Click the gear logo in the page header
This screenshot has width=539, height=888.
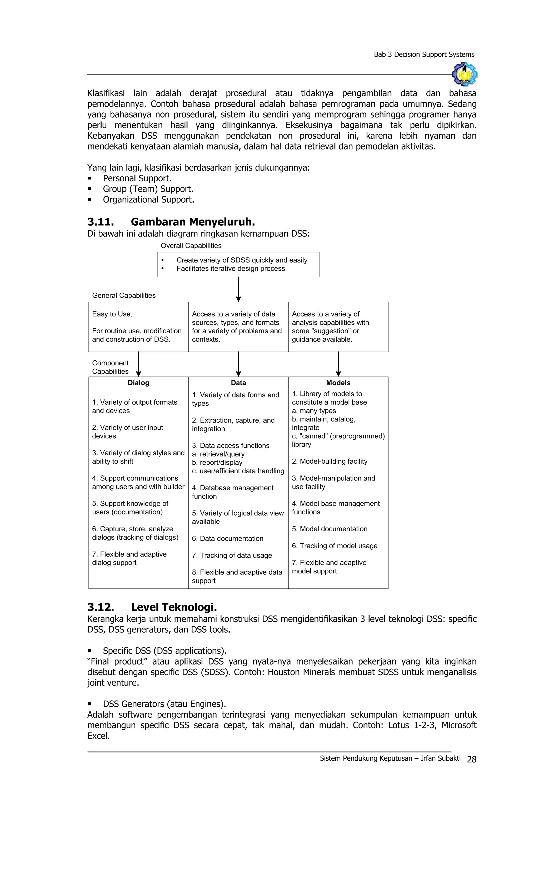[465, 74]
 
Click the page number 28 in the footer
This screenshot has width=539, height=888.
[471, 759]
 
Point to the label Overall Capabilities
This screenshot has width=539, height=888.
[191, 246]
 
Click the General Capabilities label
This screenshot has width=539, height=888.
[124, 296]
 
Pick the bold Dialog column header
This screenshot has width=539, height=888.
[138, 383]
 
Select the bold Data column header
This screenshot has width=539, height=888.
[238, 383]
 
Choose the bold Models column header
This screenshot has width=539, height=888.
[338, 383]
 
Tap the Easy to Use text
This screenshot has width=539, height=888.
[112, 314]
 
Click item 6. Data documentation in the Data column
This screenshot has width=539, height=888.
[227, 538]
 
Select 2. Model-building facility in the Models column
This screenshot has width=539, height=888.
[329, 461]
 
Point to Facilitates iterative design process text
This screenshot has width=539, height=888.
[231, 269]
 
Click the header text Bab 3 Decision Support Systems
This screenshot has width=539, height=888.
[424, 54]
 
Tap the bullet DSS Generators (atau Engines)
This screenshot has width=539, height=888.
[164, 704]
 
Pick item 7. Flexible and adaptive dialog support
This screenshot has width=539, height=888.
[129, 558]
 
